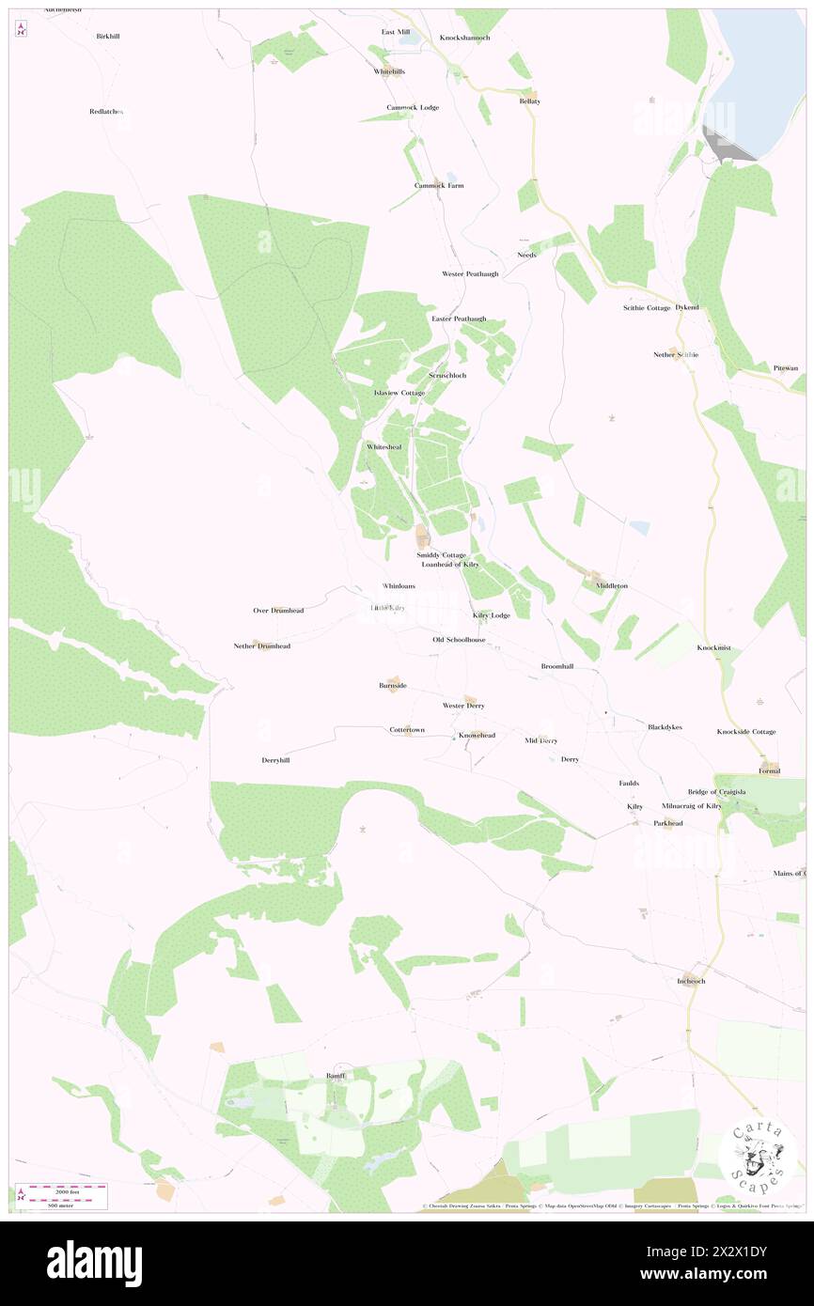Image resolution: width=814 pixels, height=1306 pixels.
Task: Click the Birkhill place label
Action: (108, 36)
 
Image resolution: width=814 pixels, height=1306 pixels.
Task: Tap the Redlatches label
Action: (106, 111)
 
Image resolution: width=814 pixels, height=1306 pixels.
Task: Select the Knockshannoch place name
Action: (465, 38)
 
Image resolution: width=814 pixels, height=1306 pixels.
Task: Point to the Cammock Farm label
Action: (439, 185)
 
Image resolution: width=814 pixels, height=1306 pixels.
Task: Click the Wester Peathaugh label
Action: (470, 273)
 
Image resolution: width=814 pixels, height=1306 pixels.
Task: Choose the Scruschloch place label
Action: (447, 375)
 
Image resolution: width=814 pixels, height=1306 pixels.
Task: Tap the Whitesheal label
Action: (384, 446)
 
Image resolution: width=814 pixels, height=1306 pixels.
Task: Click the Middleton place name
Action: (611, 585)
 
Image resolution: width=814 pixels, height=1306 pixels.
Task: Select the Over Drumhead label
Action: (278, 611)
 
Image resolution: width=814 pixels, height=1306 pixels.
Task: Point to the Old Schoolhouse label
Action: (459, 640)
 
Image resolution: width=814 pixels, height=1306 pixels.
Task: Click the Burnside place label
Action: (393, 686)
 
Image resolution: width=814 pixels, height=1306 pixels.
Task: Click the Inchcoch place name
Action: (691, 981)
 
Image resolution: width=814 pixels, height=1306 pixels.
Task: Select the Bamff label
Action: (336, 1075)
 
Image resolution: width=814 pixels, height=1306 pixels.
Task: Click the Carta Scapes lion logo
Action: (759, 1154)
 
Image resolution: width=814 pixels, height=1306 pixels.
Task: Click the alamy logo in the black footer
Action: (94, 1263)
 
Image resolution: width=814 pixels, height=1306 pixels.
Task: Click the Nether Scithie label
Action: (677, 354)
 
